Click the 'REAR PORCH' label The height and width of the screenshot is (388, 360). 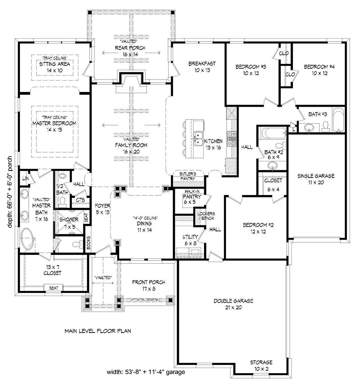[x=128, y=48]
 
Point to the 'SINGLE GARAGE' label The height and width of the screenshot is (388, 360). [x=316, y=175]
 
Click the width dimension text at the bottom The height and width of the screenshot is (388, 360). [x=146, y=372]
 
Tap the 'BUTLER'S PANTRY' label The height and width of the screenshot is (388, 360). [x=188, y=176]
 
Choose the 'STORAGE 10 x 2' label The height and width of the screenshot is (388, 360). [x=261, y=365]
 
